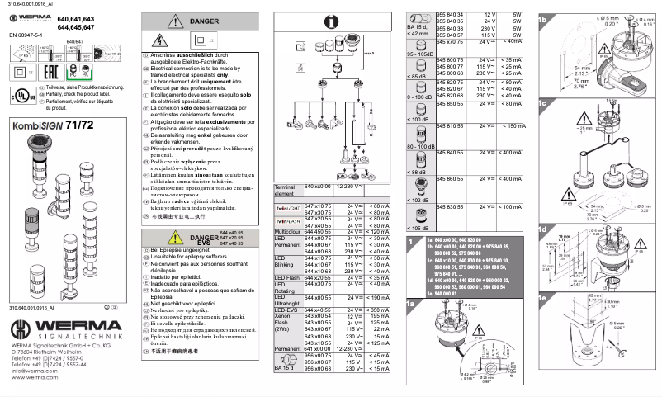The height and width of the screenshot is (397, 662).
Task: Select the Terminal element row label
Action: click(286, 190)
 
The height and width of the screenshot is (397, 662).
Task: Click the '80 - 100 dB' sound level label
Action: click(420, 147)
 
